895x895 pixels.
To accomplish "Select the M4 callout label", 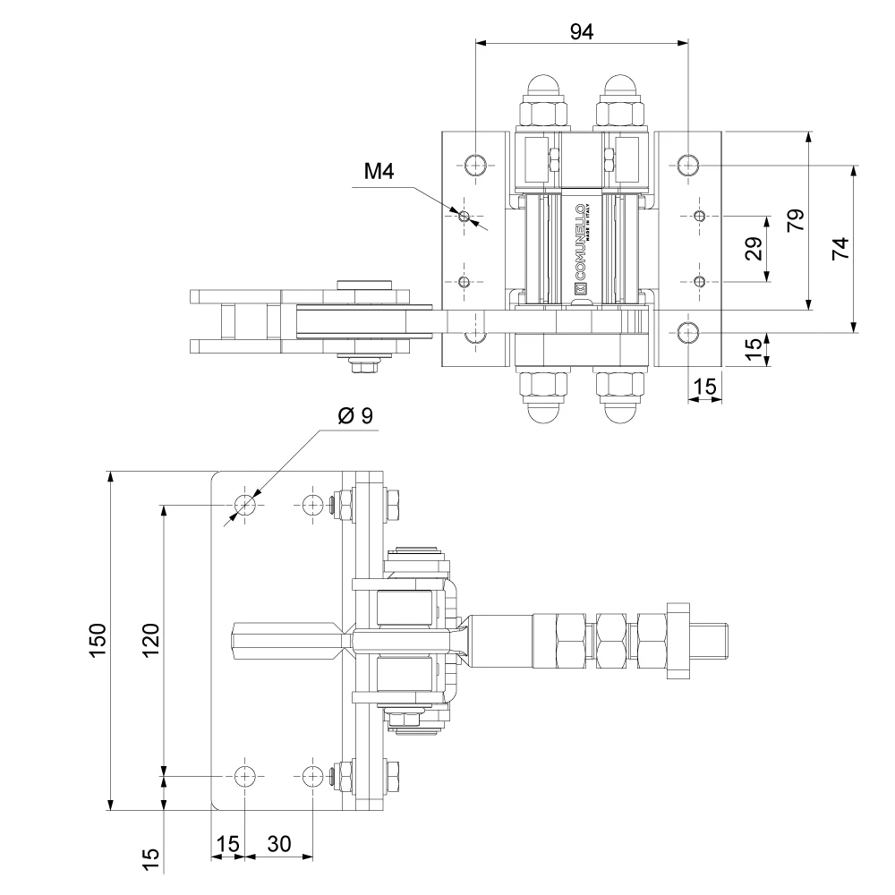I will (379, 172).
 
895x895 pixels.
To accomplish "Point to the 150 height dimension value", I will (98, 640).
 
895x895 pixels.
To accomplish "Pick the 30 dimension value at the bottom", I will (279, 843).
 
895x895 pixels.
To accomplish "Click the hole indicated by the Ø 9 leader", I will (244, 506).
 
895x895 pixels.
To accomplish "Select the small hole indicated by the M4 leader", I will (463, 216).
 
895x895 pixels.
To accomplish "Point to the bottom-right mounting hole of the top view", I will (687, 332).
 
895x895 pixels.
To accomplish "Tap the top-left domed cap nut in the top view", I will (543, 88).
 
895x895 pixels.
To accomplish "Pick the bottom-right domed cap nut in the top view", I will (622, 412).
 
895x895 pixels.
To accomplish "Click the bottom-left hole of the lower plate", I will (244, 775).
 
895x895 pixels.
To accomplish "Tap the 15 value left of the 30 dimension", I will (228, 843).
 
